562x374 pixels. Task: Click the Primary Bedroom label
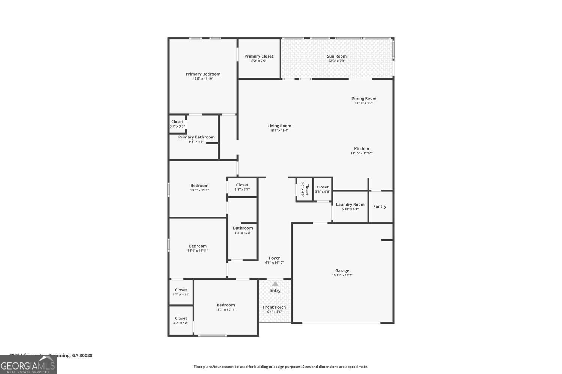click(x=203, y=74)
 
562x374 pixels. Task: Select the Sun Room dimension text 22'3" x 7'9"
click(x=336, y=61)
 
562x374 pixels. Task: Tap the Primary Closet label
click(x=259, y=56)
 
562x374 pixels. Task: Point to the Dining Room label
click(x=363, y=98)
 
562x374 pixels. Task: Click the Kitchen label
click(x=362, y=149)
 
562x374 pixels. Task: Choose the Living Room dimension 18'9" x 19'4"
click(x=279, y=131)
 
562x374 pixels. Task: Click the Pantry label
click(x=380, y=206)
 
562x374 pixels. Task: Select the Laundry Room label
click(x=350, y=205)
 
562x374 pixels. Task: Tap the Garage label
click(x=342, y=270)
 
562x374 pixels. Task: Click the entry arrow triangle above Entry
click(x=275, y=283)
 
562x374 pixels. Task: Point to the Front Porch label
click(x=274, y=307)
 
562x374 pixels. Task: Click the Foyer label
click(x=274, y=258)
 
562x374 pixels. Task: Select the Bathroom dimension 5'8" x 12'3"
click(x=243, y=233)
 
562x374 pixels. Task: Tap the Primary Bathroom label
click(x=196, y=137)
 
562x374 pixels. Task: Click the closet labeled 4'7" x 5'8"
click(x=181, y=321)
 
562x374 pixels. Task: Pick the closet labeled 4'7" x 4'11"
click(x=181, y=292)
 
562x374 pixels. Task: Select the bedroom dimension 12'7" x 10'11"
click(x=226, y=310)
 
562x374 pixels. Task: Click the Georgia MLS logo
click(x=28, y=365)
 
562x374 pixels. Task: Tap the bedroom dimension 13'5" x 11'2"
click(x=199, y=190)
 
